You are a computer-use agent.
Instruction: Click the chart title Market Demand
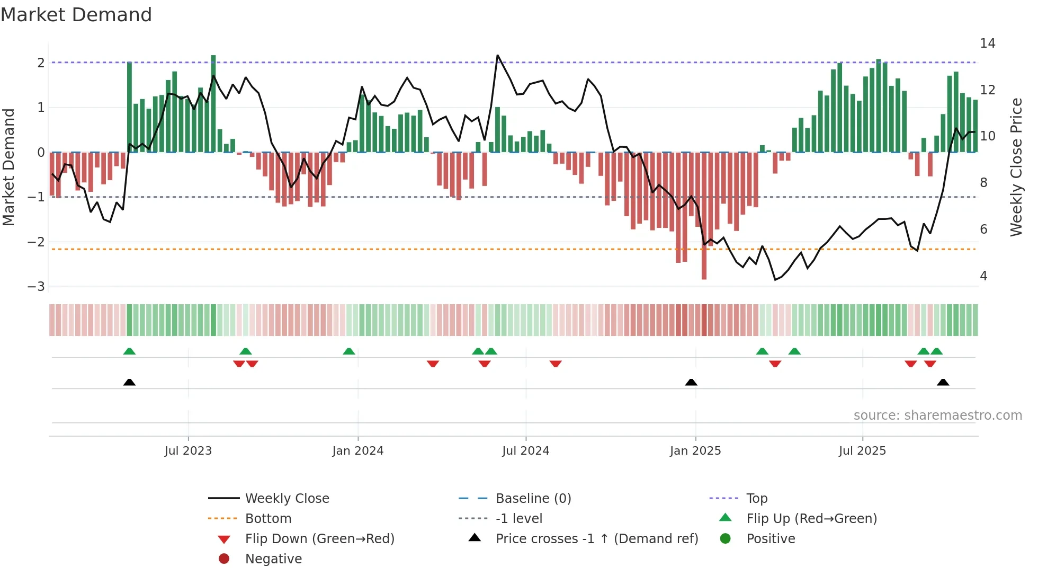pyautogui.click(x=76, y=15)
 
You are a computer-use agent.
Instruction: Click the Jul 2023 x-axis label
pyautogui.click(x=188, y=451)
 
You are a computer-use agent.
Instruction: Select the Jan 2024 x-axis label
pyautogui.click(x=358, y=451)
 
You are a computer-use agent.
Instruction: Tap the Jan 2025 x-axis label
pyautogui.click(x=695, y=451)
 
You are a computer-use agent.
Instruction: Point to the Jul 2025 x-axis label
pyautogui.click(x=862, y=451)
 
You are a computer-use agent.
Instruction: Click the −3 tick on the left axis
pyautogui.click(x=36, y=287)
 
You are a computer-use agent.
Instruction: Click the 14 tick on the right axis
pyautogui.click(x=987, y=43)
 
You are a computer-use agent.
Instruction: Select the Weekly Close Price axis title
pyautogui.click(x=1016, y=167)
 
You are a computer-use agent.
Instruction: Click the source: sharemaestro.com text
pyautogui.click(x=937, y=415)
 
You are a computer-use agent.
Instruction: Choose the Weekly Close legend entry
pyautogui.click(x=287, y=499)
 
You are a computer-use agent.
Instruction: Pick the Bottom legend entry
pyautogui.click(x=268, y=519)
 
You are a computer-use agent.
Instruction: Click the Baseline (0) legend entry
pyautogui.click(x=533, y=499)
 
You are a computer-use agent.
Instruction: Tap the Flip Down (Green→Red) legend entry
pyautogui.click(x=319, y=539)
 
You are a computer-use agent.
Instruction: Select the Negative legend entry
pyautogui.click(x=273, y=559)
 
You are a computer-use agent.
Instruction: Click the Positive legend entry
pyautogui.click(x=771, y=539)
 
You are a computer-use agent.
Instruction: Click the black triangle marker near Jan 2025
pyautogui.click(x=691, y=383)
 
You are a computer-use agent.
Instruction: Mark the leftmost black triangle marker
pyautogui.click(x=129, y=383)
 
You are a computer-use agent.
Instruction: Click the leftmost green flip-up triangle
pyautogui.click(x=129, y=351)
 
